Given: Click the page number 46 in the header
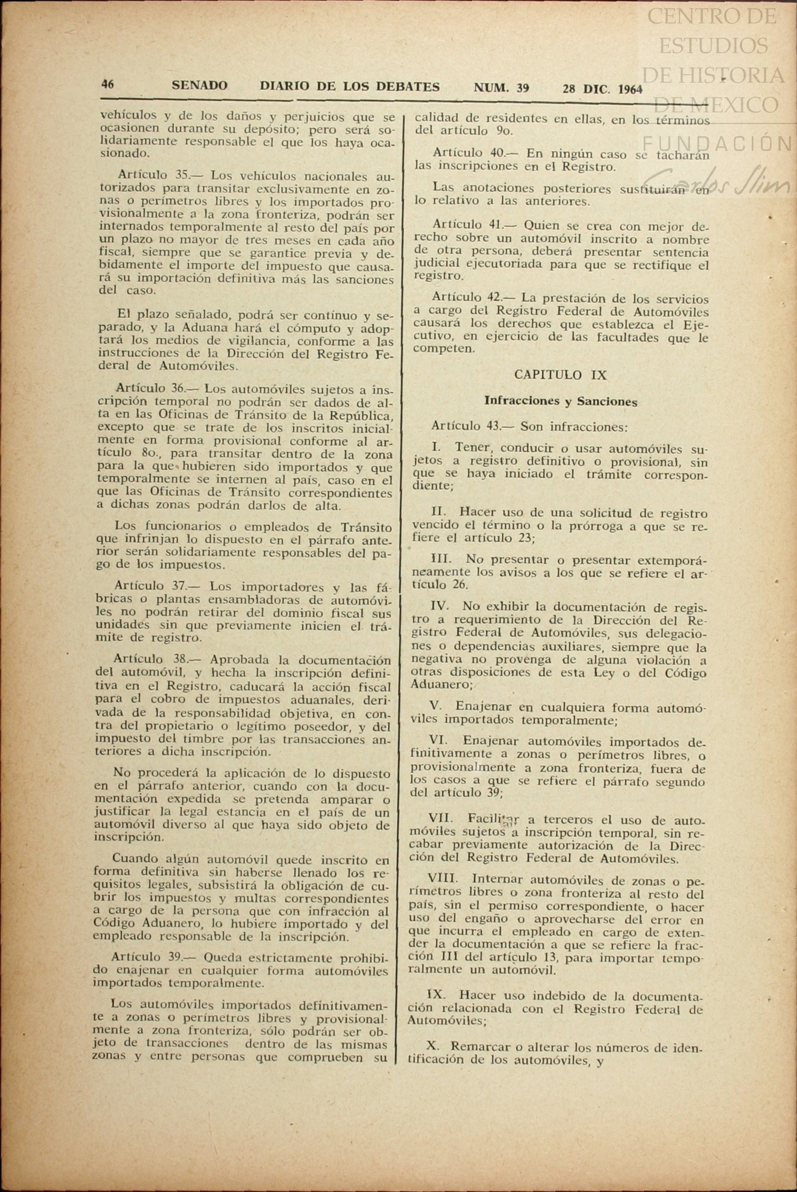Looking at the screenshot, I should click(108, 84).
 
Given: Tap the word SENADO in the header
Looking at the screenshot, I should click(199, 86).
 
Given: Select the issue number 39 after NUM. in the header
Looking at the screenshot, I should click(523, 88).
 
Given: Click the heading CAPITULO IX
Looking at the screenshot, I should click(561, 375).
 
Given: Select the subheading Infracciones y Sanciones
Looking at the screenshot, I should click(561, 401).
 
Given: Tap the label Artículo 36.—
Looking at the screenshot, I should click(157, 389).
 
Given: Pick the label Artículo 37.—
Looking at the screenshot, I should click(157, 586).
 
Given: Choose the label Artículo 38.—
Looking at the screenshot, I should click(157, 660).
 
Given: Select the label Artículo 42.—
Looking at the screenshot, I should click(474, 297).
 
